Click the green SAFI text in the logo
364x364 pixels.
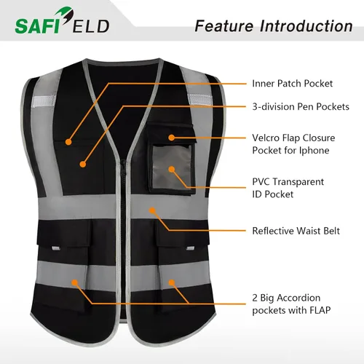point(37,26)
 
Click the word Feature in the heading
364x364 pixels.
point(224,26)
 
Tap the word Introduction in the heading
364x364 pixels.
point(306,26)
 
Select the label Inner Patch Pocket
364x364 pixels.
point(293,84)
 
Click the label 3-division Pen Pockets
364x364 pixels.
point(301,107)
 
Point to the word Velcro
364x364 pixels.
point(266,138)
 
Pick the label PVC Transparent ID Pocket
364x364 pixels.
point(288,188)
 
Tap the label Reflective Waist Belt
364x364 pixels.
point(296,231)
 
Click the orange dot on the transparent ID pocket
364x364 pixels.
point(172,169)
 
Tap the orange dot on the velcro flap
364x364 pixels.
point(172,138)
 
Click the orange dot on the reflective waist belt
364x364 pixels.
point(152,210)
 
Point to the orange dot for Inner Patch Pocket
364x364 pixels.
point(68,142)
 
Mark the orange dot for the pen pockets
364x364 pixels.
point(83,165)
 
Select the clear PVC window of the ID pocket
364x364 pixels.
point(172,167)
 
